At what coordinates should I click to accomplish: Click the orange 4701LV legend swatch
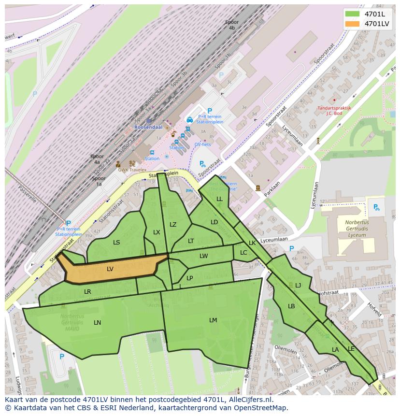(353, 24)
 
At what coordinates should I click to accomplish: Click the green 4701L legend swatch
(353, 14)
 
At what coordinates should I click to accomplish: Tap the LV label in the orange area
(110, 269)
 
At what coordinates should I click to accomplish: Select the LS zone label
(116, 243)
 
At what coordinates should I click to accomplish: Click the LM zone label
(213, 320)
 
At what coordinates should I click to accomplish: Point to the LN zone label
(98, 323)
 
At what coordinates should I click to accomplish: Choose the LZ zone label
(173, 225)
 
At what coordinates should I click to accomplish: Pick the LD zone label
(214, 222)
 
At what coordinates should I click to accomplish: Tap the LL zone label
(219, 199)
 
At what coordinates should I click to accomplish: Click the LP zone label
(190, 278)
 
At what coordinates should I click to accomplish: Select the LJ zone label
(298, 286)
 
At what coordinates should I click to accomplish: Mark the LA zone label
(335, 350)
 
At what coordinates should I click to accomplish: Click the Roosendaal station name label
(148, 127)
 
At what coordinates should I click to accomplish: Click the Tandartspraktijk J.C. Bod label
(334, 111)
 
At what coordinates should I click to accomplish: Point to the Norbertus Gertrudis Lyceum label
(357, 229)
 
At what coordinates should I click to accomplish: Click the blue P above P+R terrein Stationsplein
(210, 111)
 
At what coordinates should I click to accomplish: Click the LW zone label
(204, 256)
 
